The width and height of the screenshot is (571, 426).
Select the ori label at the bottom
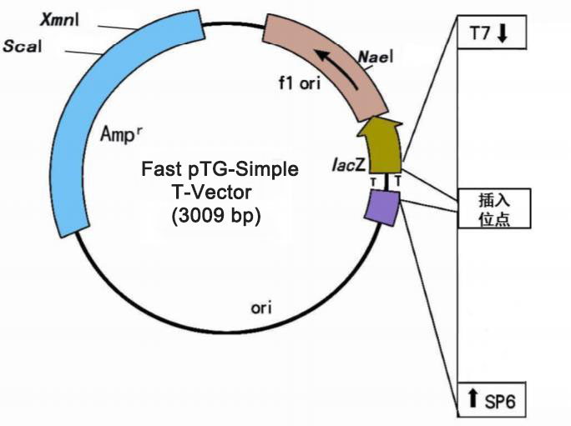(261, 308)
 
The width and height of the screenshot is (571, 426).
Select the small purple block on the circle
(382, 206)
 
